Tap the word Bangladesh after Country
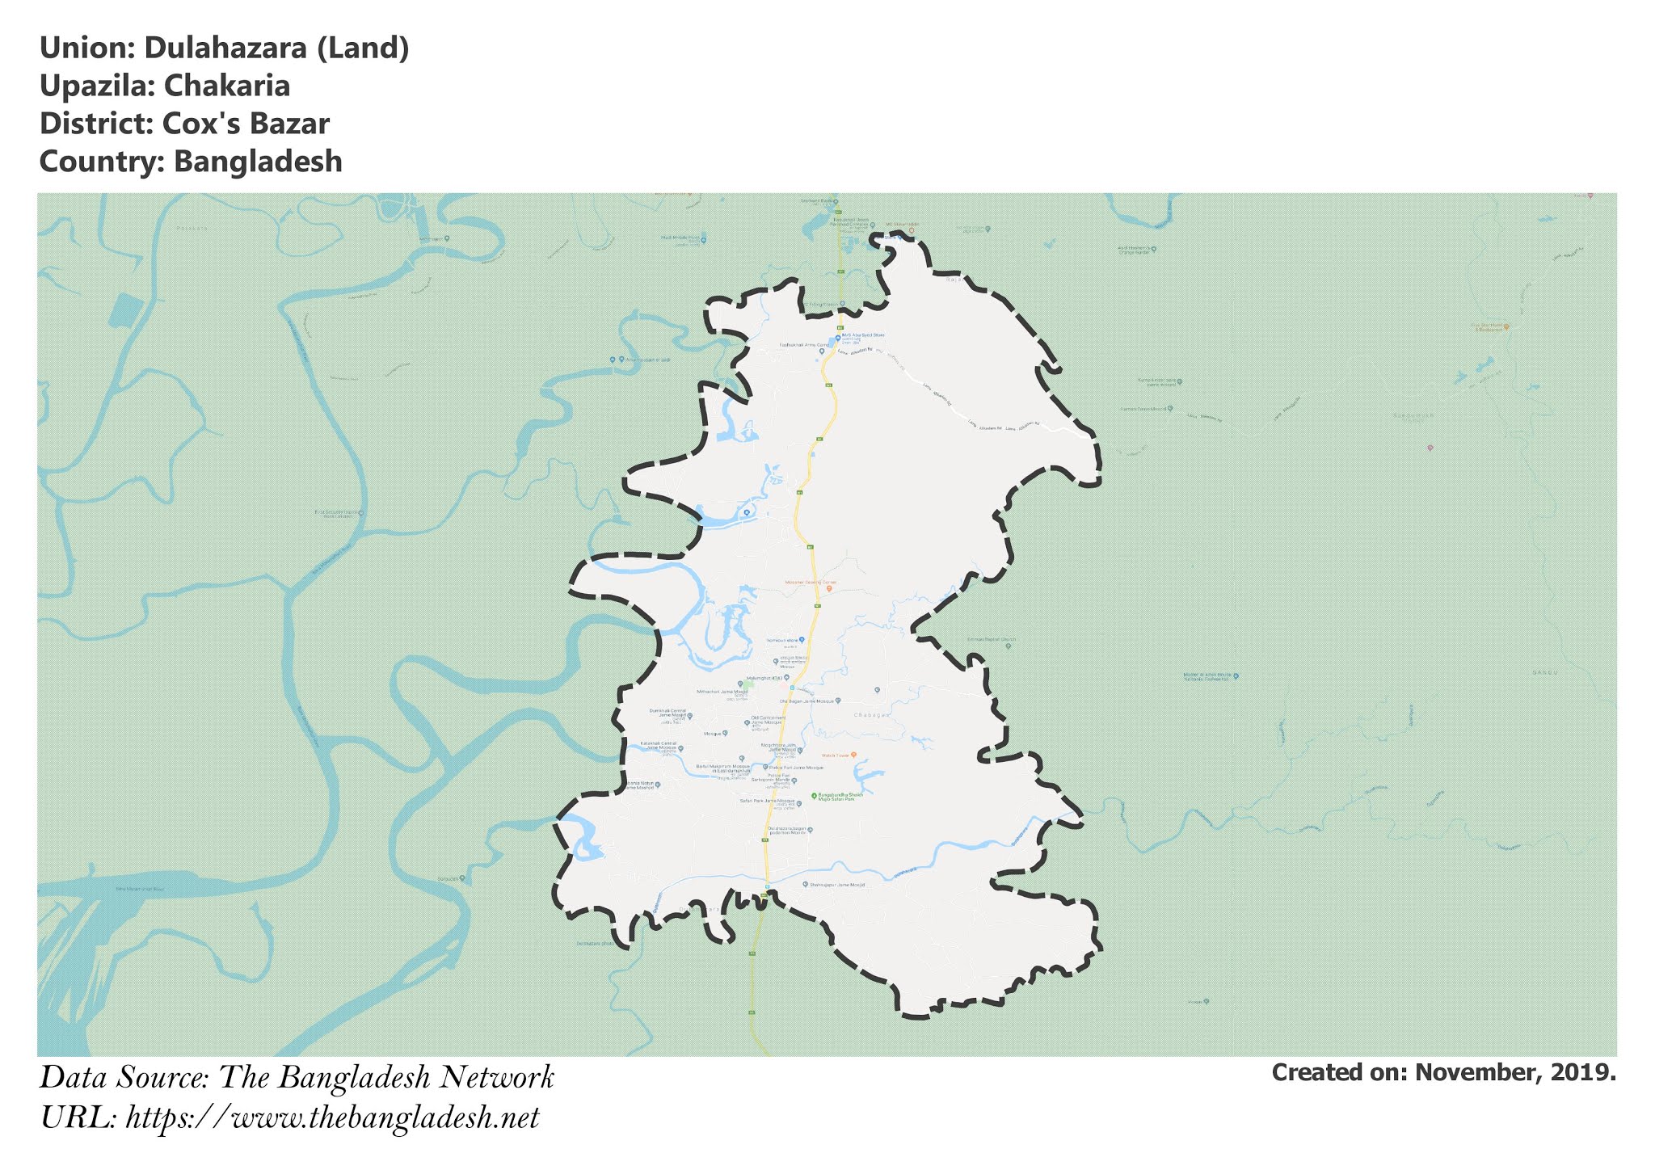click(x=259, y=162)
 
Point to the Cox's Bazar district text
click(x=246, y=124)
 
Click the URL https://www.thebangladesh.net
click(x=332, y=1118)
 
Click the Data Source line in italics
click(x=297, y=1078)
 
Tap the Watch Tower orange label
click(x=836, y=755)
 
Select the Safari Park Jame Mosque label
click(x=767, y=802)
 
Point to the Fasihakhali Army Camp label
click(x=803, y=345)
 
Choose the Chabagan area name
click(x=871, y=715)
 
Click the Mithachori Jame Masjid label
click(x=722, y=692)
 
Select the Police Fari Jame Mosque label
click(x=796, y=768)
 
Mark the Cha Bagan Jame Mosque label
click(x=806, y=701)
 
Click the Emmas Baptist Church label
click(x=991, y=640)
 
